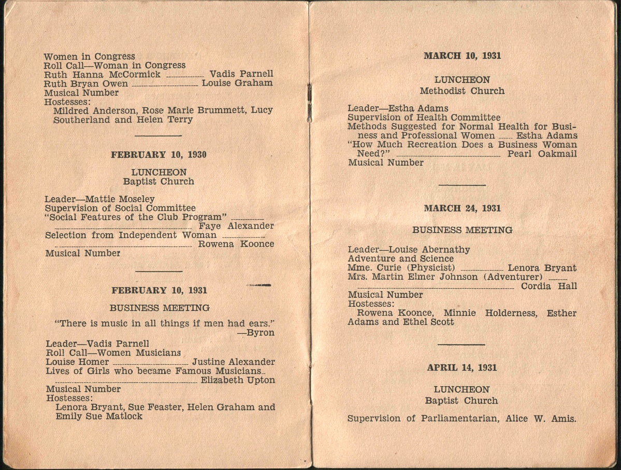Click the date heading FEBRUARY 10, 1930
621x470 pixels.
[158, 154]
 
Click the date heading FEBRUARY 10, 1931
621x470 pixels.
[159, 291]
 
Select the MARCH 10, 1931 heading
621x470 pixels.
[462, 56]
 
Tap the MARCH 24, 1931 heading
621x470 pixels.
[462, 208]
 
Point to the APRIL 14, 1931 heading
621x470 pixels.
[462, 367]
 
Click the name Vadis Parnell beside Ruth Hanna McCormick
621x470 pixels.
[241, 74]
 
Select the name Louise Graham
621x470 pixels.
[237, 83]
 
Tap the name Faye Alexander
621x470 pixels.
[236, 226]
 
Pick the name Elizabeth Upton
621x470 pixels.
[238, 380]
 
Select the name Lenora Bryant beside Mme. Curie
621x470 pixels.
[542, 268]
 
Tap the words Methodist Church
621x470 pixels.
[462, 91]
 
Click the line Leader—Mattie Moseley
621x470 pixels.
[99, 198]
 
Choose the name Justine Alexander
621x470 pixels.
[233, 362]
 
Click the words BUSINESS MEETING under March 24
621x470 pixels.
[462, 230]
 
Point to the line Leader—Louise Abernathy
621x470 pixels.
[409, 250]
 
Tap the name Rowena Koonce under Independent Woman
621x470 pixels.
[236, 244]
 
